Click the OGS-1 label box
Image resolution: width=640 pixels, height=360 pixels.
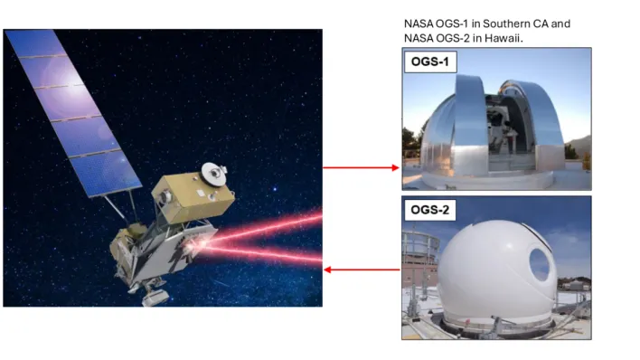[x=430, y=62]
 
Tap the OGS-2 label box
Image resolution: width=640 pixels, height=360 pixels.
[x=429, y=210]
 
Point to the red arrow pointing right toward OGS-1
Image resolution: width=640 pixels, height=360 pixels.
[x=361, y=167]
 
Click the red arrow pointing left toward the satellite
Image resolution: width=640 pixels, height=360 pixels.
[x=362, y=270]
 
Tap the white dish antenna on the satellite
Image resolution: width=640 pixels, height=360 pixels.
[x=214, y=175]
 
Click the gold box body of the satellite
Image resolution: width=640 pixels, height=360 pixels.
[x=193, y=198]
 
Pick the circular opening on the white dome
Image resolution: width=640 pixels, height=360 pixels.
[x=540, y=264]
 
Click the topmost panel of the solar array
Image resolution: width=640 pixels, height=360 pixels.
[x=36, y=43]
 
